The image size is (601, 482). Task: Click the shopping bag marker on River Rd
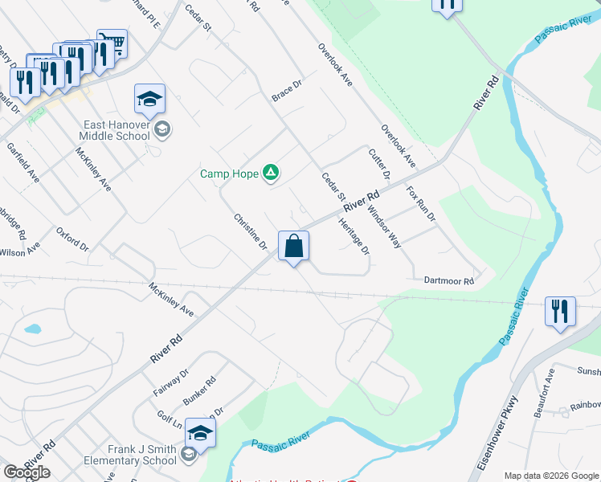[294, 245]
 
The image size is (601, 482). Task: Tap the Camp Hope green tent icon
[272, 172]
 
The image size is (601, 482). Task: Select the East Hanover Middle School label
[117, 129]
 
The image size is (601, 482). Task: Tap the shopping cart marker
[112, 43]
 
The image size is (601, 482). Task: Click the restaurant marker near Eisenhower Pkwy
[560, 310]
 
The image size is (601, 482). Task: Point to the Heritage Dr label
[354, 237]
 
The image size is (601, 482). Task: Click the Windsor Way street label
[383, 226]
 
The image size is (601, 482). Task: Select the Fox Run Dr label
[420, 204]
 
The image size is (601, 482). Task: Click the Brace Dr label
[286, 90]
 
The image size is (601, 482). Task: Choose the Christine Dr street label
[250, 231]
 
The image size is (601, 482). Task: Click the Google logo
[27, 472]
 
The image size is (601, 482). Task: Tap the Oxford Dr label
[72, 239]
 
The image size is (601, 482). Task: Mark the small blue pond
[33, 329]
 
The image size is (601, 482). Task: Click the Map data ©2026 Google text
[551, 476]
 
